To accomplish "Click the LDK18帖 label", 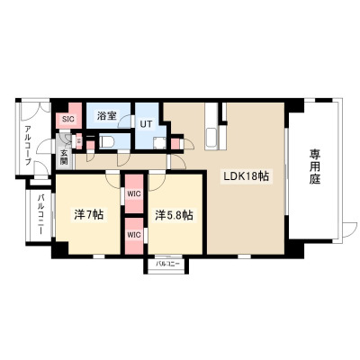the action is tap(245, 176).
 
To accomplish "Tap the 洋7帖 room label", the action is tap(89, 214).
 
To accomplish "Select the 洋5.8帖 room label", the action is tap(174, 215).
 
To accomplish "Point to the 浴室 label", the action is tap(106, 115).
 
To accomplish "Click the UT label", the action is tap(147, 124).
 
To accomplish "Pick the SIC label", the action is tap(67, 119).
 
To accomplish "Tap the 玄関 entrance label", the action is tap(64, 157).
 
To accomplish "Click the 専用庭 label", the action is tap(315, 167).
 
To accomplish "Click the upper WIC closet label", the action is tap(134, 193).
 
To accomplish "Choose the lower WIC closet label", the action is tap(134, 235).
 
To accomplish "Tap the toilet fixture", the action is tap(106, 141).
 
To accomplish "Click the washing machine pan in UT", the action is tap(159, 143).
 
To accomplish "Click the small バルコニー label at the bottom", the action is tap(167, 264).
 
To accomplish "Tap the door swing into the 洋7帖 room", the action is tap(113, 181).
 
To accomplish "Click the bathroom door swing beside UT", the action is tap(125, 121).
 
